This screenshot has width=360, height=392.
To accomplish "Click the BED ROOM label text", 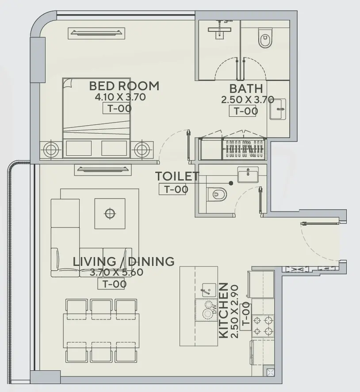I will point(124,85).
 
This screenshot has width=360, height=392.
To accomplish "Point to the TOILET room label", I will point(177,176).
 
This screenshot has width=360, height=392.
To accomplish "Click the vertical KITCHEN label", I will point(224,311).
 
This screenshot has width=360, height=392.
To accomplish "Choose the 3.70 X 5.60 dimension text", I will point(116,273).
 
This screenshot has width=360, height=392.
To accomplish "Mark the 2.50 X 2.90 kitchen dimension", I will point(235,311).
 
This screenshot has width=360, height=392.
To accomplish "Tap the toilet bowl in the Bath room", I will point(265,40).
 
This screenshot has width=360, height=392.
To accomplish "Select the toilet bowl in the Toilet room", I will point(216,194).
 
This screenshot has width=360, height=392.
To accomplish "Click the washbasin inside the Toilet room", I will point(248,174).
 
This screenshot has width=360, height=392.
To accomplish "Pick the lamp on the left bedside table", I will point(51,149).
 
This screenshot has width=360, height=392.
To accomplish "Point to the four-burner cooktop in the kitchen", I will point(263,326).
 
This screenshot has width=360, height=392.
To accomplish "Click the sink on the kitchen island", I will point(206,290).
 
